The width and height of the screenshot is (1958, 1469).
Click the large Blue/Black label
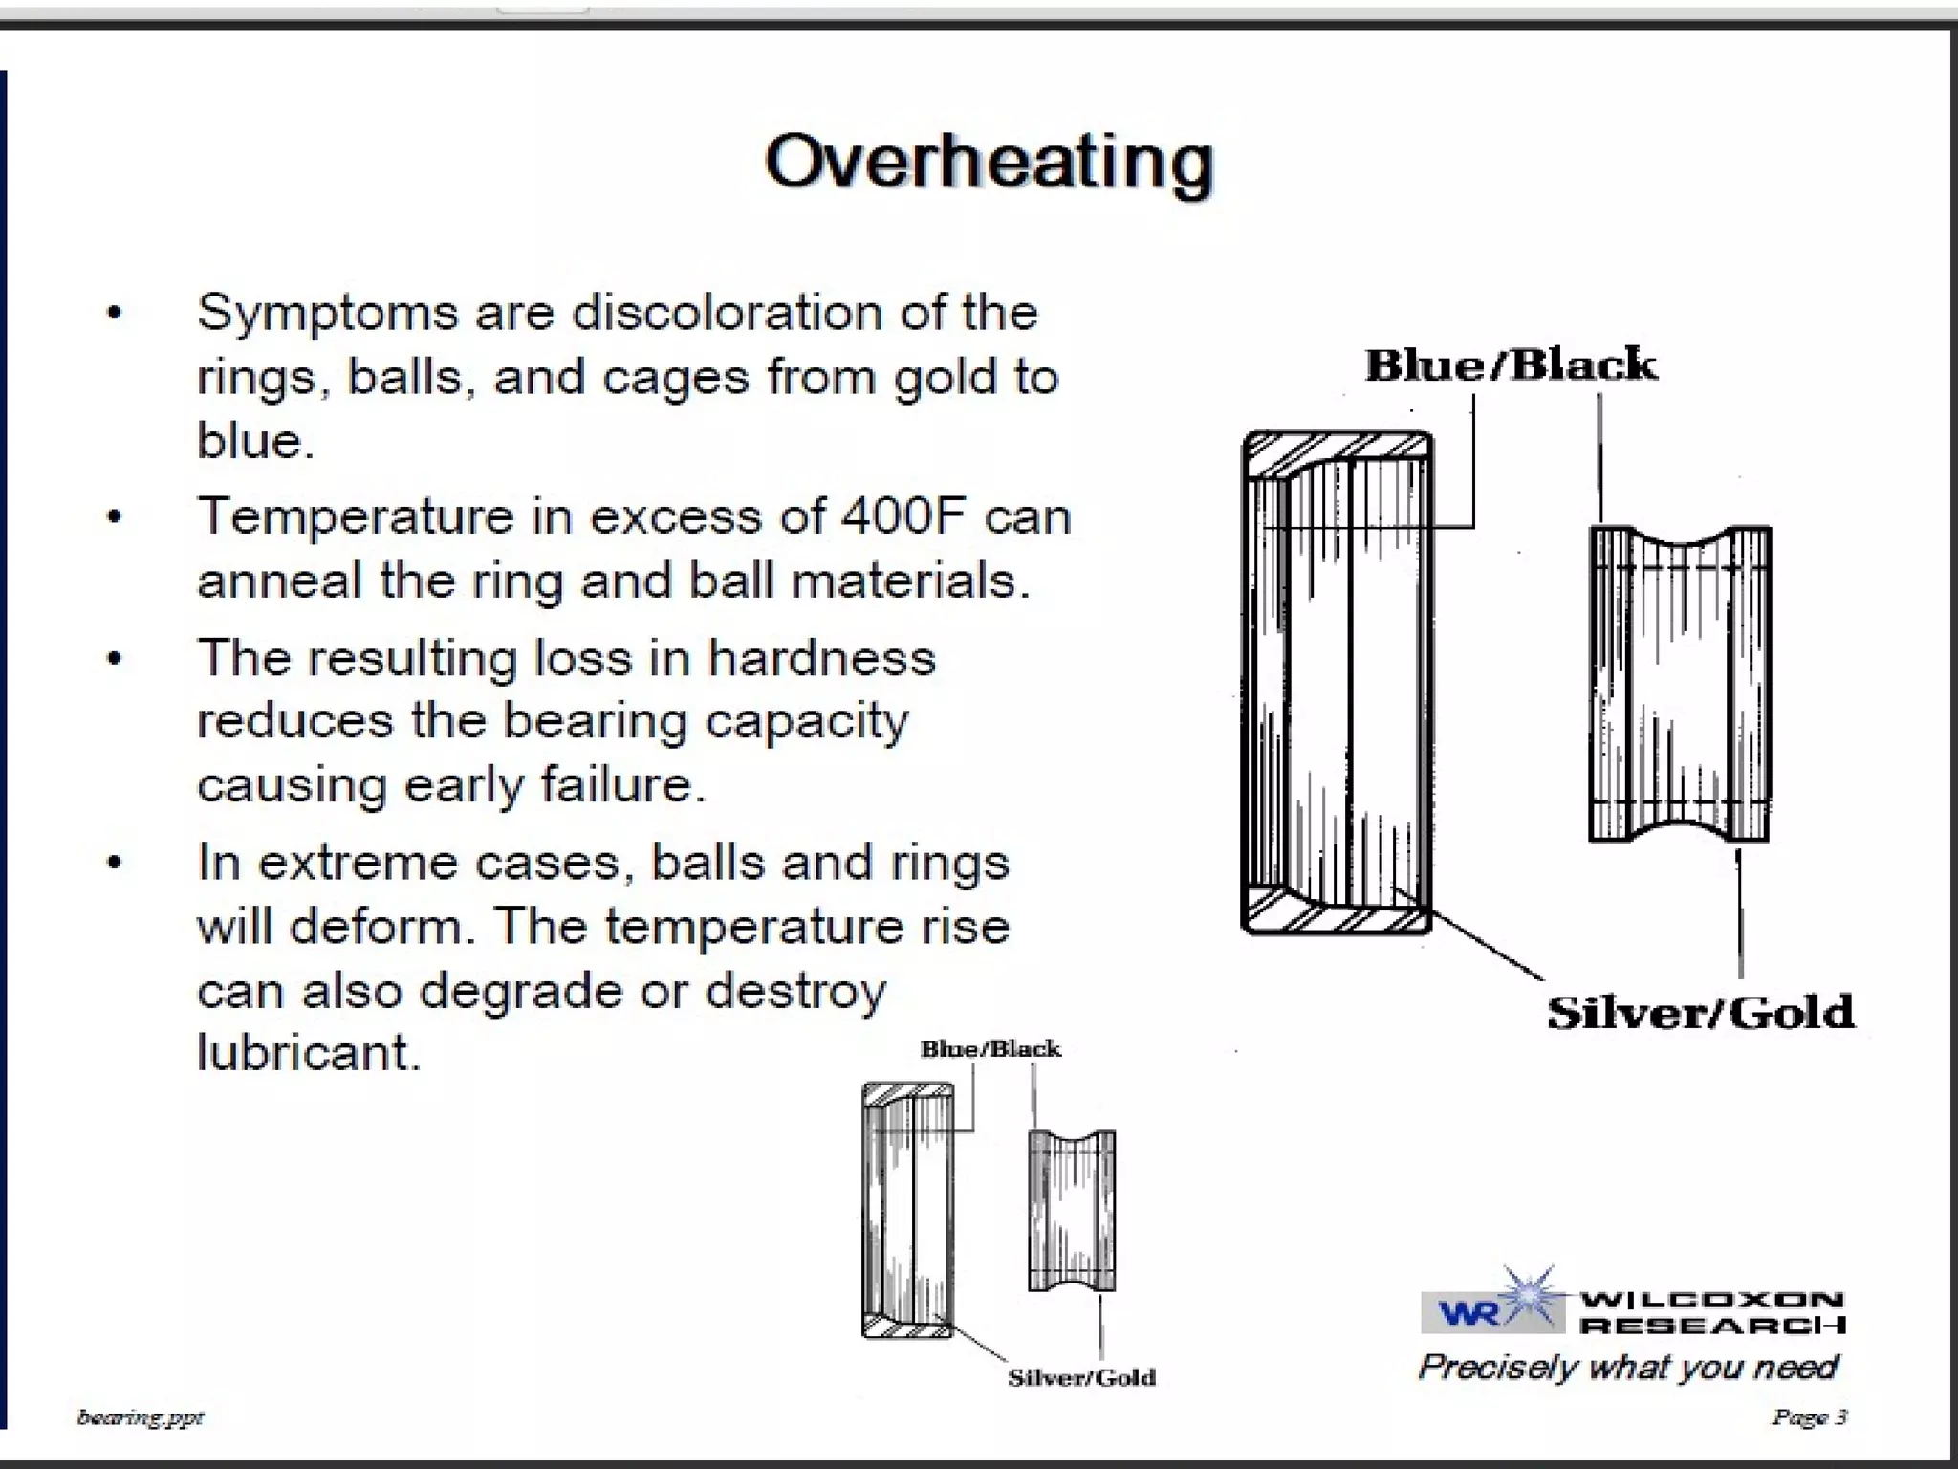(1511, 364)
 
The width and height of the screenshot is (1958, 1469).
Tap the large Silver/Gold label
(1700, 1012)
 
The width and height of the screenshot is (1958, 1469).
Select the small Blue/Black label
(990, 1049)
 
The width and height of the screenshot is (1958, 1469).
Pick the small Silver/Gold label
(1081, 1377)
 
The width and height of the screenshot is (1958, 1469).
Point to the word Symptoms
(327, 313)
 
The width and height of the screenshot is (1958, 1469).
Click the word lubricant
(308, 1052)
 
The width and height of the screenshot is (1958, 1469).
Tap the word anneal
(279, 581)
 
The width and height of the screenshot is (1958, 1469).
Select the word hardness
(821, 658)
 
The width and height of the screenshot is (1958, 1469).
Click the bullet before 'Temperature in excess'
(115, 517)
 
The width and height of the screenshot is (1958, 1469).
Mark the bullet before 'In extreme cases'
(115, 863)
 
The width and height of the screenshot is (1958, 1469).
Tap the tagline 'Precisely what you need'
(1627, 1367)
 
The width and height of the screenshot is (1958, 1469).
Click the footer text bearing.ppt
(141, 1416)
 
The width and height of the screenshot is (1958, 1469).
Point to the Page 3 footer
(1809, 1416)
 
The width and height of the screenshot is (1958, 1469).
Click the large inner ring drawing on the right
(1680, 684)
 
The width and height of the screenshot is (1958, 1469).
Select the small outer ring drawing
(908, 1211)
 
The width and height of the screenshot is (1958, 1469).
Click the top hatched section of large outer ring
(1338, 450)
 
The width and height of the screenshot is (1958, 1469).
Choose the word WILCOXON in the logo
(1711, 1300)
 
